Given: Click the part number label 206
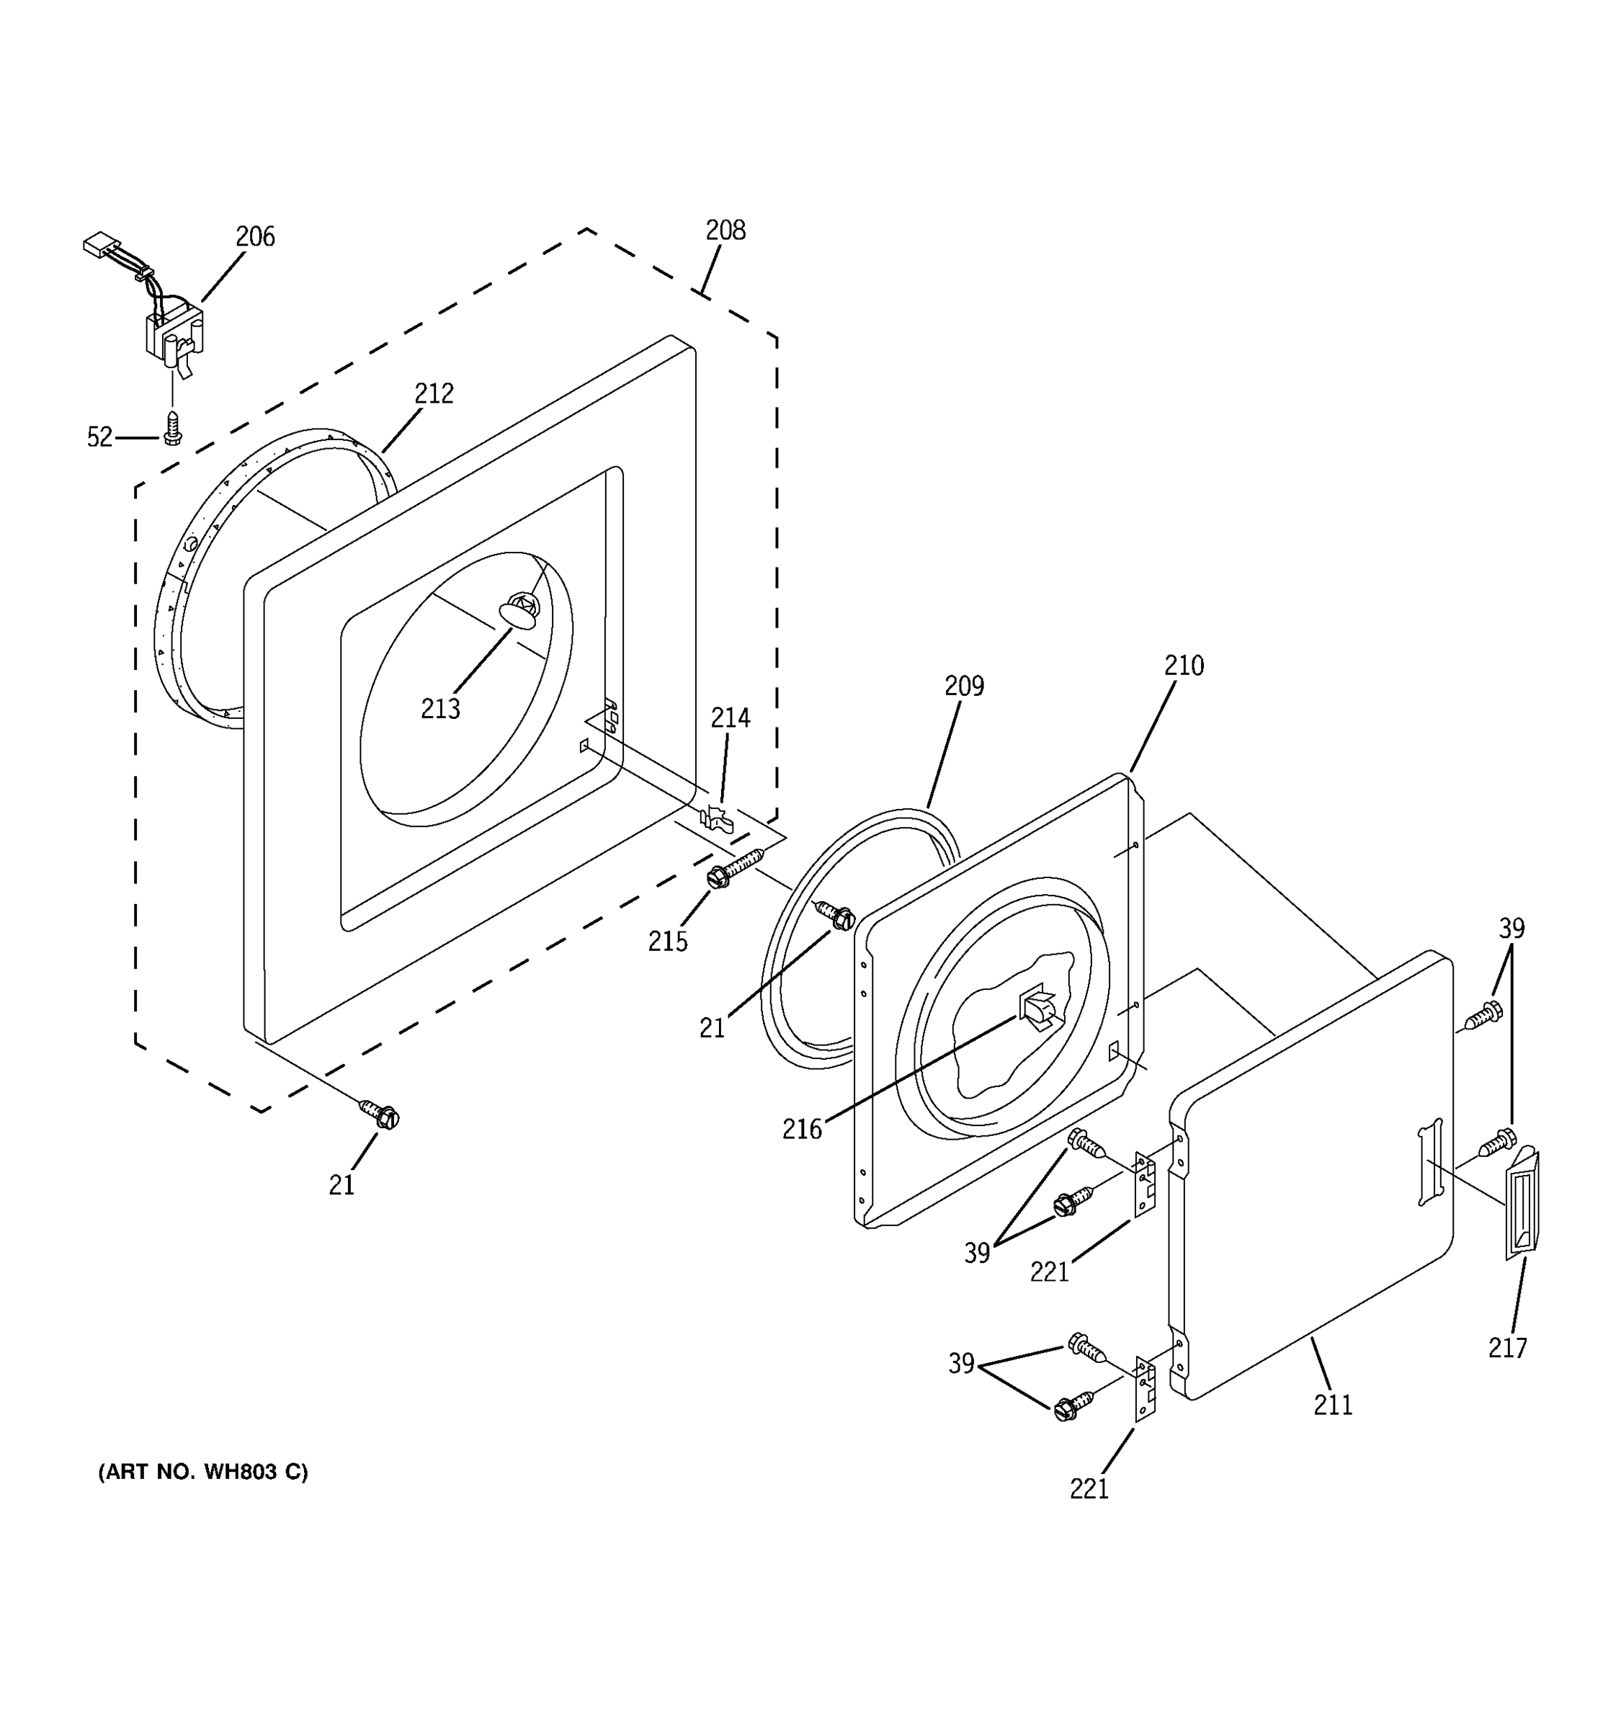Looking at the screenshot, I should click(255, 236).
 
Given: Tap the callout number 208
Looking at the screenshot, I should click(725, 231).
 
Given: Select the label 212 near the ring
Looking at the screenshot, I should click(433, 394).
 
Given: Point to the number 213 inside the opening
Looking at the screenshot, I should click(440, 709).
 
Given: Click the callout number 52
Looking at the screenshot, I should click(100, 437).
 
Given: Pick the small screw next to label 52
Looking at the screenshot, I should click(173, 429).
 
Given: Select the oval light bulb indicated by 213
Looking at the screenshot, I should click(518, 615).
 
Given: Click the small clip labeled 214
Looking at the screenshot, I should click(715, 818).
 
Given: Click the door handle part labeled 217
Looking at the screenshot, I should click(1522, 1205).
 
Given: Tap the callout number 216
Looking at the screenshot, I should click(801, 1129).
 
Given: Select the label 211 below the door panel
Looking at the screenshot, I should click(1332, 1405).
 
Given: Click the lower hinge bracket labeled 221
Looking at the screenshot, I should click(1146, 1389).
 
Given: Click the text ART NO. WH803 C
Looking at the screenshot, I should click(202, 1472).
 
